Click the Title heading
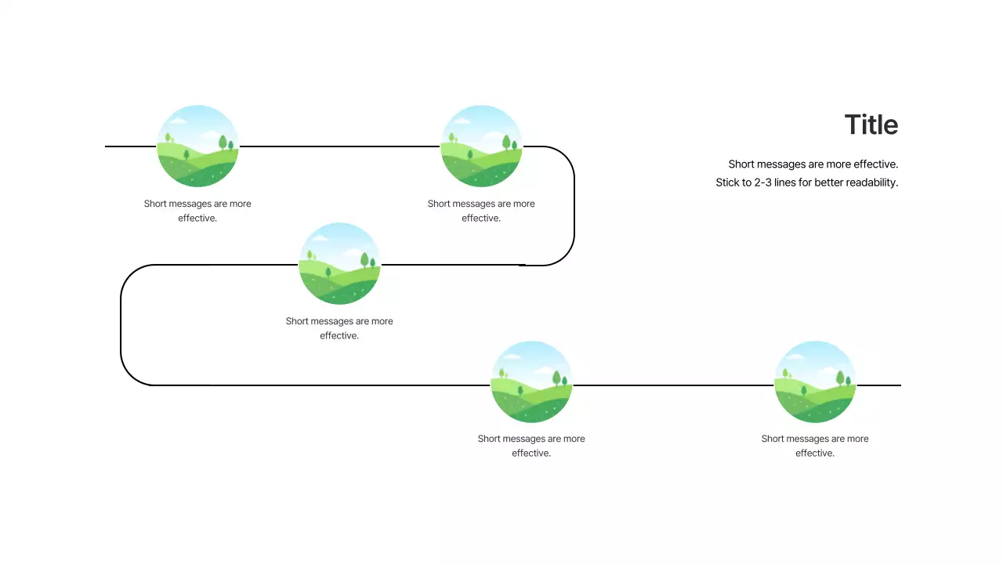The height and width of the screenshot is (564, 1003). [x=871, y=125]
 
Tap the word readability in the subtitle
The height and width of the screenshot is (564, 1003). [x=871, y=183]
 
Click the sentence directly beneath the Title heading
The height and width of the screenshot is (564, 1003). [x=813, y=164]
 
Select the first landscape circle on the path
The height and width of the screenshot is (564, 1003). [x=197, y=146]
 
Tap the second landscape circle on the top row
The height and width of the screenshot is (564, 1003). [x=481, y=146]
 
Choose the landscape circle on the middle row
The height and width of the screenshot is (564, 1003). [x=339, y=264]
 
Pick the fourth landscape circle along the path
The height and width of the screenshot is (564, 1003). [x=531, y=382]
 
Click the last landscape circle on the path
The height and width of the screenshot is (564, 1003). [x=815, y=382]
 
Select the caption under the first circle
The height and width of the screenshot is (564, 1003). [x=197, y=211]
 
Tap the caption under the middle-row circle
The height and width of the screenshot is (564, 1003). [x=339, y=328]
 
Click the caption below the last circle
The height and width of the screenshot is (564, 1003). [x=815, y=446]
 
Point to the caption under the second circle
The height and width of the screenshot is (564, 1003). [x=481, y=211]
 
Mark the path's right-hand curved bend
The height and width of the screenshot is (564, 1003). [x=574, y=205]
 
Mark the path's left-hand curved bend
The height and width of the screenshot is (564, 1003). [x=121, y=325]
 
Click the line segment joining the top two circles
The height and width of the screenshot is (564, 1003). [x=339, y=146]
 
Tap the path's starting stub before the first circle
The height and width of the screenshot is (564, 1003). [x=130, y=146]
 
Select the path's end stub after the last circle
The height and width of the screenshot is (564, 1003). [x=878, y=385]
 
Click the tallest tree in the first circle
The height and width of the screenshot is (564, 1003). [x=223, y=142]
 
